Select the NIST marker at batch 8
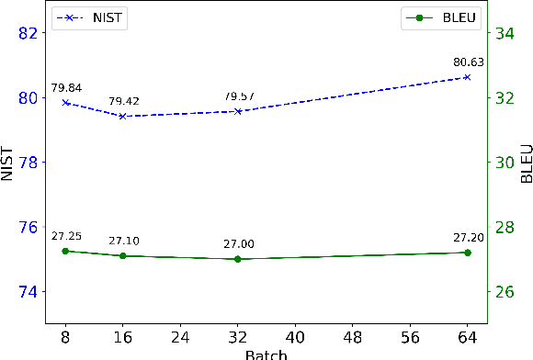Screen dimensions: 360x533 click(x=65, y=102)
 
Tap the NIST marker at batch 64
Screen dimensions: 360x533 click(x=467, y=77)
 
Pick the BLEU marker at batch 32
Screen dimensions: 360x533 click(x=238, y=259)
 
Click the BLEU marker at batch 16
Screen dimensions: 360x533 click(x=122, y=255)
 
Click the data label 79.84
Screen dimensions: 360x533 click(x=65, y=87)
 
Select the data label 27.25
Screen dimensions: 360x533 click(x=65, y=236)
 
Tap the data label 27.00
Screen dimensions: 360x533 click(x=238, y=244)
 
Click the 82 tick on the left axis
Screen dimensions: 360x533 click(x=30, y=33)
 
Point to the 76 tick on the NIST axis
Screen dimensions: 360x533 click(x=30, y=227)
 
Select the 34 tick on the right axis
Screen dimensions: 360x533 click(x=505, y=33)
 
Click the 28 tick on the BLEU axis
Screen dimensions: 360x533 click(x=505, y=227)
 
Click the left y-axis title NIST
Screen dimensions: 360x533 click(x=8, y=163)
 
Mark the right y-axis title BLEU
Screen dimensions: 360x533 click(x=526, y=163)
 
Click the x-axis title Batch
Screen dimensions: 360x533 click(x=266, y=354)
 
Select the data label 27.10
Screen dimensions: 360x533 click(x=122, y=241)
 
